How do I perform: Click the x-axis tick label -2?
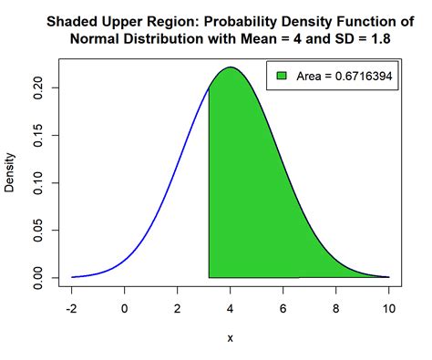71,308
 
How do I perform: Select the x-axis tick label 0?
125,308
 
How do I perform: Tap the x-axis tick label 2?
178,308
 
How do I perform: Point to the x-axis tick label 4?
231,308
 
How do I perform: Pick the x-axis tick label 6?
283,308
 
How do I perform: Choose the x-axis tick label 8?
336,308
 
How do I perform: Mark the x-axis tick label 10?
389,308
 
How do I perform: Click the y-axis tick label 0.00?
39,277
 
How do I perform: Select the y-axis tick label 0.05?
39,230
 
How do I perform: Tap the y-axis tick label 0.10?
39,182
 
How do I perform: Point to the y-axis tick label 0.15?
39,135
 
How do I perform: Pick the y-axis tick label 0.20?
39,87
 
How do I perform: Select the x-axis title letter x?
231,338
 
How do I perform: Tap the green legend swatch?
283,77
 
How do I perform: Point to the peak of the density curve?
231,67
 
